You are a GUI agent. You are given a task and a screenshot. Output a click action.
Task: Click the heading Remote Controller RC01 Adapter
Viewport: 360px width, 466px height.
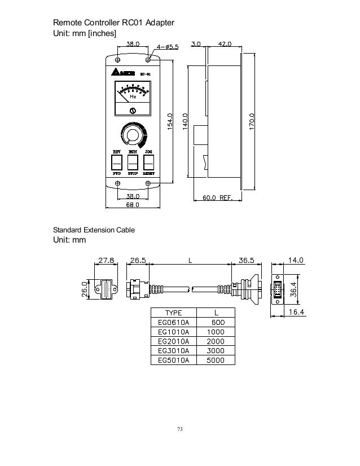coord(113,23)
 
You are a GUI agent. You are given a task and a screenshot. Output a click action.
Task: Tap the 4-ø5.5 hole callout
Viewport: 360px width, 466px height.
coord(166,47)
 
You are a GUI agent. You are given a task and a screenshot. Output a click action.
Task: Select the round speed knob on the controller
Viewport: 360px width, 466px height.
coord(133,135)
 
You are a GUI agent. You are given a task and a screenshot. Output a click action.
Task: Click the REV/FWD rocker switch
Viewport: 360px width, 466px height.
coord(117,162)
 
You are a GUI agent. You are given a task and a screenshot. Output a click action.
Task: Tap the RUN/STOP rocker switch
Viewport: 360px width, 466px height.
coord(133,162)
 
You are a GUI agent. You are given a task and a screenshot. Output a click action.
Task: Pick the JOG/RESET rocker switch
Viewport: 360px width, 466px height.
coord(148,162)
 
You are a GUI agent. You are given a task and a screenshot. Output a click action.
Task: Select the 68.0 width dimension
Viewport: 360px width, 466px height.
coord(133,206)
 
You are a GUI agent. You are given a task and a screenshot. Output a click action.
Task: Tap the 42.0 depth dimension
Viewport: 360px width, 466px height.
coord(226,42)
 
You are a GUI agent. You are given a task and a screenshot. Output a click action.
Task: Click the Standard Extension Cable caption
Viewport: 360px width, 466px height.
coord(94,230)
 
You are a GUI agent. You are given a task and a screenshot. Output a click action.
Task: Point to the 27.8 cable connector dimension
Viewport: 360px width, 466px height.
coord(107,261)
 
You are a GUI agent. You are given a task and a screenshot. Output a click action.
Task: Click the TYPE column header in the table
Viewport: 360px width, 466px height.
coord(173,313)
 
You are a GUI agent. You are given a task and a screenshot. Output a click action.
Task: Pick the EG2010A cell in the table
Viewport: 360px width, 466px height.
coord(173,341)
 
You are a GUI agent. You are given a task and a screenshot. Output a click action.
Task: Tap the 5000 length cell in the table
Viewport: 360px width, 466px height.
coord(215,361)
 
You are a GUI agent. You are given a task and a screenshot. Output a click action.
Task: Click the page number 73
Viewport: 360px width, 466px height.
coord(180,430)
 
